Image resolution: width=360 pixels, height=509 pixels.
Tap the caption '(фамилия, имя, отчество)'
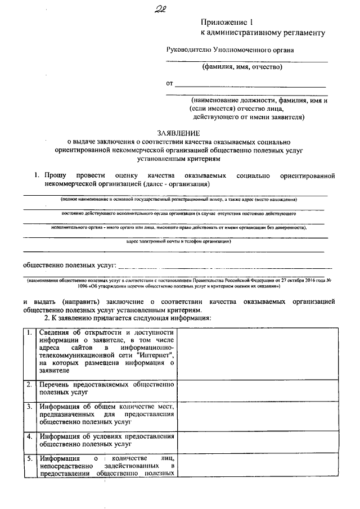[242, 67]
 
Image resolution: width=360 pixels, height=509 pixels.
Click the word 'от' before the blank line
[169, 84]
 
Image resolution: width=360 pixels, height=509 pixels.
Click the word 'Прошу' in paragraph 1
[56, 175]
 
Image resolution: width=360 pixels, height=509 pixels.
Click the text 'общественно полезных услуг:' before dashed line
[69, 265]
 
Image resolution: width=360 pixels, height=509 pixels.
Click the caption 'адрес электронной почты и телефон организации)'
[178, 241]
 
